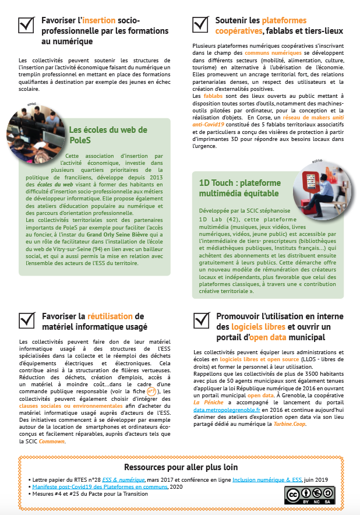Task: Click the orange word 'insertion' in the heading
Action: [x=99, y=20]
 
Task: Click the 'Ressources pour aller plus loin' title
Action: [x=181, y=467]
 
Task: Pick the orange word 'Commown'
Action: [x=53, y=441]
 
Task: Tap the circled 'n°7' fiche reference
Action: [x=152, y=392]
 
